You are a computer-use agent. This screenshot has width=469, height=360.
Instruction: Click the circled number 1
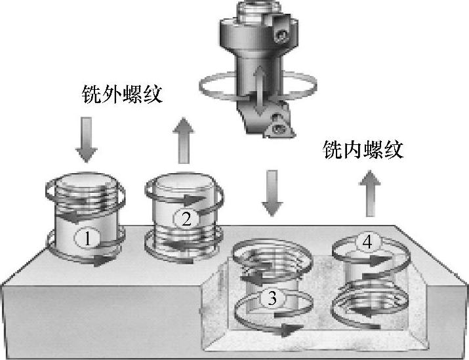(x=87, y=238)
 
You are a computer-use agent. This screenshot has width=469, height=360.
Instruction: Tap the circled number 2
(x=186, y=219)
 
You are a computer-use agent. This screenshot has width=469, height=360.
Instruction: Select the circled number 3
(x=272, y=298)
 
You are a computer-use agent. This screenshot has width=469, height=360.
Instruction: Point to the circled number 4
(x=367, y=242)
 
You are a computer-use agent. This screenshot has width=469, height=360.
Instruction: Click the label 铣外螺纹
(x=123, y=94)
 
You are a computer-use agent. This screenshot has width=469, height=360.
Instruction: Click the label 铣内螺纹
(x=363, y=150)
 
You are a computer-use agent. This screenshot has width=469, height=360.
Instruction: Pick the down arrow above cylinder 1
(x=87, y=140)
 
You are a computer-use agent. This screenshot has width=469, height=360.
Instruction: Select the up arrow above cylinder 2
(x=184, y=140)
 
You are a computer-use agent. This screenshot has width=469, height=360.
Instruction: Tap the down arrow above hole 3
(x=272, y=193)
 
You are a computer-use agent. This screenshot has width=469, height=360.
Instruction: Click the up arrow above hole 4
(x=370, y=193)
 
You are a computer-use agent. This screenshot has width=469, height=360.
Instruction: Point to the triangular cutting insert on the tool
(x=279, y=127)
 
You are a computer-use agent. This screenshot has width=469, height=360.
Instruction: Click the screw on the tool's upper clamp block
(x=281, y=36)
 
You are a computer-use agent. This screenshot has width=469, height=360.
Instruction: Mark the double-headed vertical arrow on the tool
(x=260, y=90)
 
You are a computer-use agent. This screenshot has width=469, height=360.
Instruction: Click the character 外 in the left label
(x=112, y=94)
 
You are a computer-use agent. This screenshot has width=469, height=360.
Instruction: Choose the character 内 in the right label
(x=353, y=150)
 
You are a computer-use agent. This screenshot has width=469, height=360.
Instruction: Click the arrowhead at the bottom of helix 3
(x=289, y=329)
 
